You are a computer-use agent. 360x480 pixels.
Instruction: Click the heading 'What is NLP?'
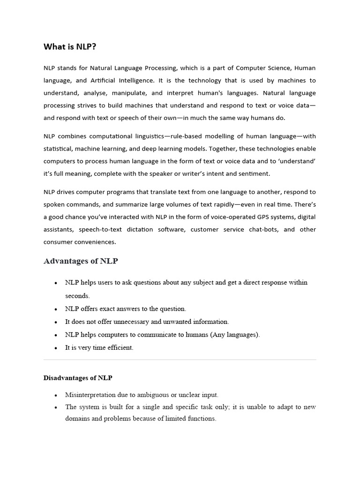click(x=70, y=46)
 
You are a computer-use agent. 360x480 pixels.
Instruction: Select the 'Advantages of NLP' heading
click(x=81, y=261)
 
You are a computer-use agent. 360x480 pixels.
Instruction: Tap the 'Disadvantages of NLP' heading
click(x=78, y=377)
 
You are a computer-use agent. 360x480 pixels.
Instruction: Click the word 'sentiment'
click(x=255, y=173)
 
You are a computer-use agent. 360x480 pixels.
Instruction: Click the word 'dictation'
click(x=139, y=229)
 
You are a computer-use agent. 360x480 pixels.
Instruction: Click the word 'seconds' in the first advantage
click(x=77, y=296)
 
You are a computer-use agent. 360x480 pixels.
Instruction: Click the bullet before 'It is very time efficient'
click(x=56, y=348)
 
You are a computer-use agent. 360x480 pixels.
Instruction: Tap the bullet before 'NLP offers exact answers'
click(x=56, y=309)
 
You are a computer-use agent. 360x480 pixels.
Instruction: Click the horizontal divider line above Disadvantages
click(x=180, y=360)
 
